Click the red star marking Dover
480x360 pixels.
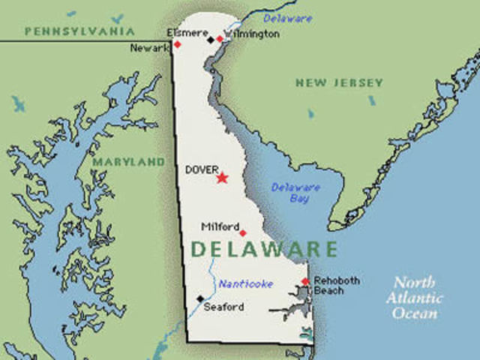[x=222, y=178]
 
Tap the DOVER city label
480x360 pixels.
[x=202, y=170]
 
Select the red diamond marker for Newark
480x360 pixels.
[x=178, y=44]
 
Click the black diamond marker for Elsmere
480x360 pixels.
[x=211, y=39]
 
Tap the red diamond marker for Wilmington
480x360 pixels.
[x=220, y=39]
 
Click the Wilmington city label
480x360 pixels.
[x=252, y=34]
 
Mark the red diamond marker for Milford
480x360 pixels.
[x=242, y=232]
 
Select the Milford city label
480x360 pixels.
[x=220, y=226]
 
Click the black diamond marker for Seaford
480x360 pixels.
[x=200, y=298]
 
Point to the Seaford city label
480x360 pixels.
[x=223, y=306]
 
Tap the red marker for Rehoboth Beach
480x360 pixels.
[x=304, y=282]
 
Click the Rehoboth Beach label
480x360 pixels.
[x=336, y=286]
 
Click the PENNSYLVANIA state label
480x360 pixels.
[x=79, y=31]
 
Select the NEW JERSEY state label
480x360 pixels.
[x=339, y=82]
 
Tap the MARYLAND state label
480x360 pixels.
[x=128, y=161]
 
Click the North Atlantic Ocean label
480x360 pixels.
[x=415, y=298]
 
